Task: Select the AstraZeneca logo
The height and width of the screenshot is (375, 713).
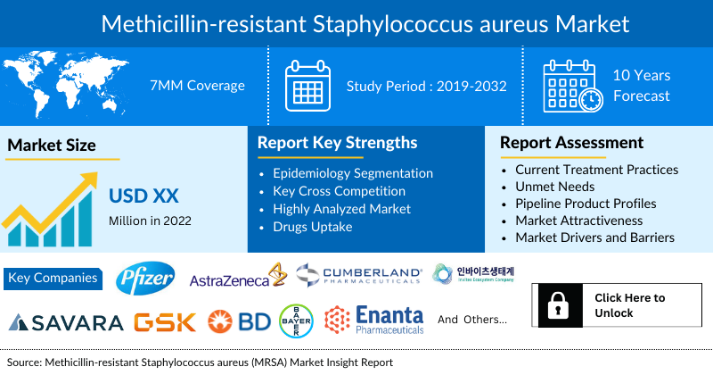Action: click(x=236, y=279)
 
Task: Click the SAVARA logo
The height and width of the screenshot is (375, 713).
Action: click(x=65, y=321)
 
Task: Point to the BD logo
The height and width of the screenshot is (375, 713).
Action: click(x=238, y=321)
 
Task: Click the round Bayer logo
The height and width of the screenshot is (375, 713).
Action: click(x=295, y=321)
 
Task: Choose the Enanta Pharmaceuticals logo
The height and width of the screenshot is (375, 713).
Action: click(x=373, y=321)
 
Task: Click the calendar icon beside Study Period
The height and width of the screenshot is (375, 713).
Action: click(x=307, y=86)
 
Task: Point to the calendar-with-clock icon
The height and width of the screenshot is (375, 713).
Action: click(x=572, y=86)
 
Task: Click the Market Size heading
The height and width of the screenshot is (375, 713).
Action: click(x=52, y=145)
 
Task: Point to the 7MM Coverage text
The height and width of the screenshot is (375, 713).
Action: click(x=197, y=86)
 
